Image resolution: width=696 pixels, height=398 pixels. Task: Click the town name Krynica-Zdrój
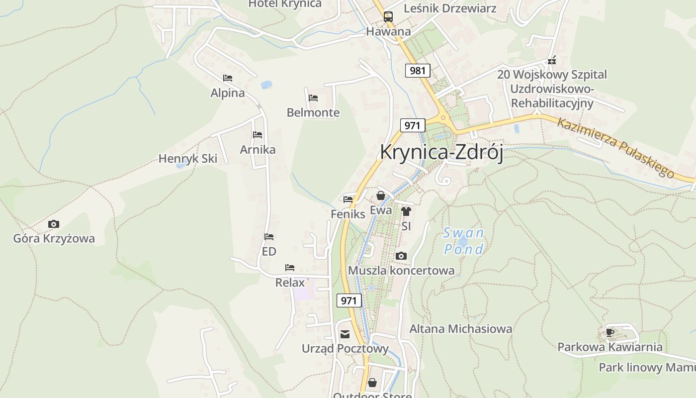(x=441, y=152)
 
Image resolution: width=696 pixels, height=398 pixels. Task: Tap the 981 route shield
(x=418, y=71)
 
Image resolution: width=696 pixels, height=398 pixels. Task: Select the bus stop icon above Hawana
(x=388, y=16)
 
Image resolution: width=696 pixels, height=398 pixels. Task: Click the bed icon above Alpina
(x=228, y=78)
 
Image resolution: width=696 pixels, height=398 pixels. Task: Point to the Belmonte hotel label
(x=313, y=112)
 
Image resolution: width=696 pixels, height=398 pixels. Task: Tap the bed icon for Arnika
(x=258, y=135)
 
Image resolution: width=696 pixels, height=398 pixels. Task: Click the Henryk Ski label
(x=188, y=159)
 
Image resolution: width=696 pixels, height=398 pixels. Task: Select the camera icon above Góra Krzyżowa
(x=54, y=224)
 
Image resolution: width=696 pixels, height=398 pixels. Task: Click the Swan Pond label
(x=464, y=241)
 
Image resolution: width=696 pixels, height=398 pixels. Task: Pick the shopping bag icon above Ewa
(x=381, y=196)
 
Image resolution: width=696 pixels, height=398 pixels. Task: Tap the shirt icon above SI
(x=406, y=211)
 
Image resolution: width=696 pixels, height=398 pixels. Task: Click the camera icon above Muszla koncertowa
(x=401, y=256)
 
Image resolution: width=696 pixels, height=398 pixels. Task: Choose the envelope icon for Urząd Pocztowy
(x=345, y=334)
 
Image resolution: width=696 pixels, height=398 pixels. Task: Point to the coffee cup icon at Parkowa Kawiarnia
(x=610, y=332)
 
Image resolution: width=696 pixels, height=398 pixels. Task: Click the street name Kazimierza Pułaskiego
(x=615, y=147)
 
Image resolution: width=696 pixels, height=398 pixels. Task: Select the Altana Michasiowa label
(x=460, y=329)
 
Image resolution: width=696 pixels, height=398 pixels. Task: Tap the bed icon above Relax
(x=290, y=268)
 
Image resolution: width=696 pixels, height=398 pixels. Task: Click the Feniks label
(x=348, y=214)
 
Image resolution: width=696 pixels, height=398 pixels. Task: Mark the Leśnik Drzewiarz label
(x=450, y=8)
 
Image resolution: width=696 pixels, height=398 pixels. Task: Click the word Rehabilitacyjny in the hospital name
(x=552, y=103)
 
